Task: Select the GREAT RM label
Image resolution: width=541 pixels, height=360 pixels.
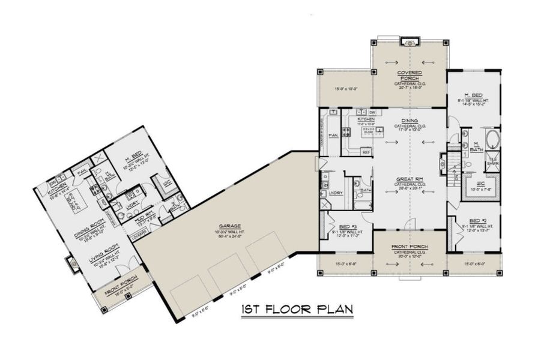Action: tap(410, 179)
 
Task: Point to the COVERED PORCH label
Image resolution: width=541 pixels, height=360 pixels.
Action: tap(410, 75)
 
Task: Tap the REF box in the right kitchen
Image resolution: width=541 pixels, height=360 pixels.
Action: tap(366, 152)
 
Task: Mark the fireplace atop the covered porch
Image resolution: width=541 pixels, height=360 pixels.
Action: tap(410, 42)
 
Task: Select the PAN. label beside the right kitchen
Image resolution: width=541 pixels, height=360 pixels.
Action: tap(333, 135)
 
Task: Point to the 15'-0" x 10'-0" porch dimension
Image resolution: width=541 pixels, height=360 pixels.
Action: tap(345, 89)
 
